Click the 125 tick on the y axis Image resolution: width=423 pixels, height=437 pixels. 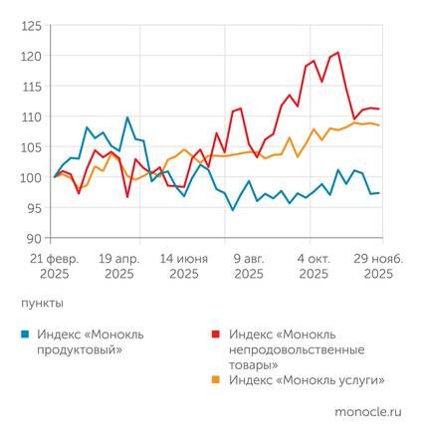click(31, 25)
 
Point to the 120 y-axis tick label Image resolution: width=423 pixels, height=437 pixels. click(31, 56)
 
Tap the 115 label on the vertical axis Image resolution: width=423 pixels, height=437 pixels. click(31, 87)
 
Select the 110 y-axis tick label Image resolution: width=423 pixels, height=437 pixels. click(31, 116)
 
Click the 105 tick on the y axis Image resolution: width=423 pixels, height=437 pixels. click(31, 147)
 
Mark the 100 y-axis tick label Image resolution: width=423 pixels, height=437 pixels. click(31, 178)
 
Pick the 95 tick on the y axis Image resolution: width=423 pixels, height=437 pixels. click(34, 208)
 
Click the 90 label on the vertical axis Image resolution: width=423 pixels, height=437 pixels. click(34, 239)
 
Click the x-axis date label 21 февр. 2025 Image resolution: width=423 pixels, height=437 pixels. click(55, 265)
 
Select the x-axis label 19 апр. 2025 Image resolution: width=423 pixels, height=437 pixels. click(120, 265)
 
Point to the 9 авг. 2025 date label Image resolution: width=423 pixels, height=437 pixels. click(249, 265)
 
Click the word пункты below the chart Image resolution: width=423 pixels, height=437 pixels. click(42, 300)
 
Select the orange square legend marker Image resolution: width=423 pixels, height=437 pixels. click(217, 379)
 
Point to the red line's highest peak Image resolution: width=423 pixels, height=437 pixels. click(338, 52)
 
